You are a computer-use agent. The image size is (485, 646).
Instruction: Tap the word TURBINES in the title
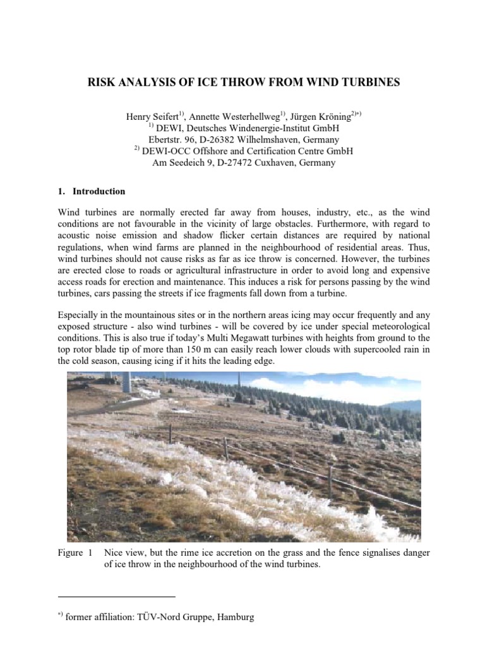(x=369, y=82)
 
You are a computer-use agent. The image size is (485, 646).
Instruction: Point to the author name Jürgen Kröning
(x=318, y=117)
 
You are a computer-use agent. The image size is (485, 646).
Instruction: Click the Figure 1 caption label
(x=75, y=553)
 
